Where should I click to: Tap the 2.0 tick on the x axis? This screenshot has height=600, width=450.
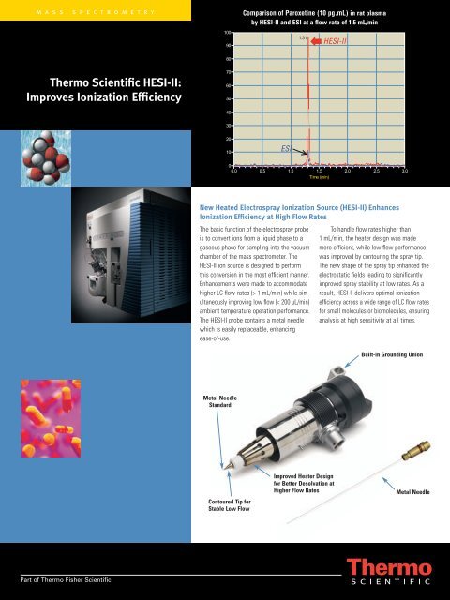click(348, 171)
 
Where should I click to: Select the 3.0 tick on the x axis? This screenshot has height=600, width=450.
click(405, 171)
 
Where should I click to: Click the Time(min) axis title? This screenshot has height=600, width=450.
click(320, 178)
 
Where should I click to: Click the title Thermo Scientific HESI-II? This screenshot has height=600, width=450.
click(110, 88)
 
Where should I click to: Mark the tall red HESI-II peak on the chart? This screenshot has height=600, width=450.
click(308, 94)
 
